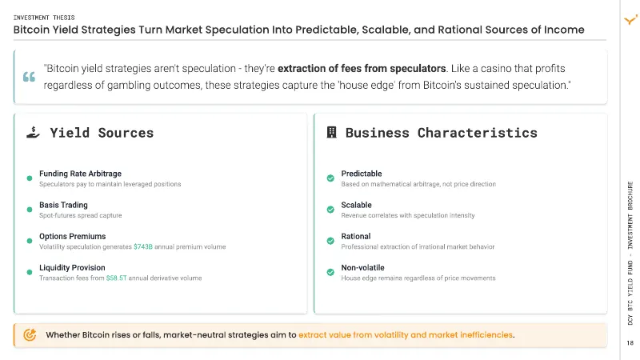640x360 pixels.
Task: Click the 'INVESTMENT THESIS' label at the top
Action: point(44,18)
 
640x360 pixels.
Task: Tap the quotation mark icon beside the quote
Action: point(29,76)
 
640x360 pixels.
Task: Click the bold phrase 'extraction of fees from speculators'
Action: point(362,68)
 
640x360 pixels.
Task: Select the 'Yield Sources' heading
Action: point(102,133)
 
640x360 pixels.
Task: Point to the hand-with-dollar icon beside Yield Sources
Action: point(33,132)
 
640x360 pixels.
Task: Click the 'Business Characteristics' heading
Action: point(442,133)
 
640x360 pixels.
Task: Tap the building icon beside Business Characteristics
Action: point(331,132)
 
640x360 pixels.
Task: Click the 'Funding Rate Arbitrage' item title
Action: point(81,174)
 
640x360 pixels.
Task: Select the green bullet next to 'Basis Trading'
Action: point(30,210)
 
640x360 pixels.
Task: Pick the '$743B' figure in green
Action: point(143,246)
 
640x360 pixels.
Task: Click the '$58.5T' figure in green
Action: point(116,278)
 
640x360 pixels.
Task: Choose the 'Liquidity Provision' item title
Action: point(72,268)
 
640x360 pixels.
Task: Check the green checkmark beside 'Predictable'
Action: point(330,178)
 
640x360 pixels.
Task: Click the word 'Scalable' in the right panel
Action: point(356,205)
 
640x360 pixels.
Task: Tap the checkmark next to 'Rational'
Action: point(330,241)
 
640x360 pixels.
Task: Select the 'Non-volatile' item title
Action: point(363,268)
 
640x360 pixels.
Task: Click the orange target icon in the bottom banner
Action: point(30,334)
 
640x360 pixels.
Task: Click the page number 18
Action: point(630,343)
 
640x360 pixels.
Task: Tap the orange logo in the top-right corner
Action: point(630,19)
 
